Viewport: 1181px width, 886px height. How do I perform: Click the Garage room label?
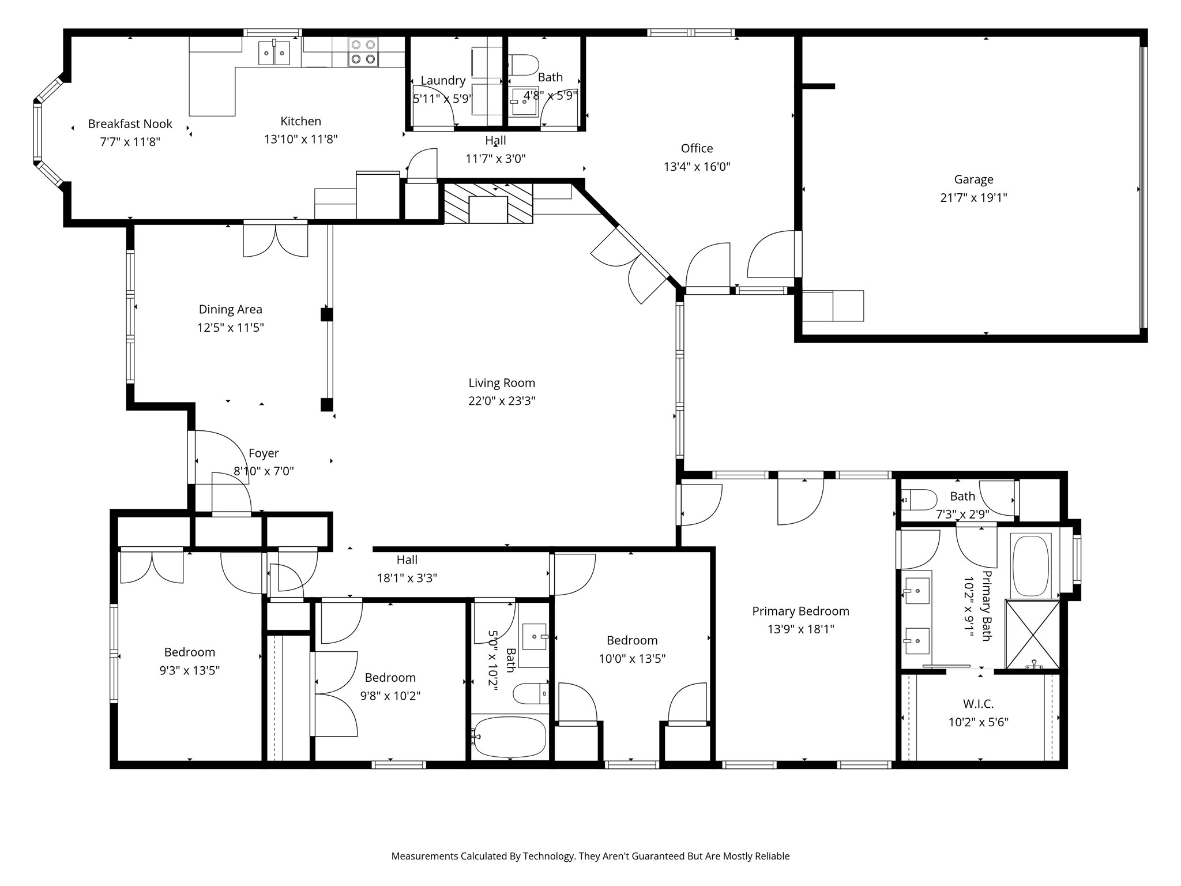coord(973,179)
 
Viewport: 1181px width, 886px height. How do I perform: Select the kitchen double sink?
coord(274,53)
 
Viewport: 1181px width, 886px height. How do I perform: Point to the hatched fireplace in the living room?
coord(488,203)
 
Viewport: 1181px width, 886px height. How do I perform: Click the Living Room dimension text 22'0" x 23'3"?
coord(502,401)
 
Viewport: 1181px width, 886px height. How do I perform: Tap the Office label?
coord(697,148)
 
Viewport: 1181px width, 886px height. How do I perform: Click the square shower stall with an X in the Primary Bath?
coord(1032,635)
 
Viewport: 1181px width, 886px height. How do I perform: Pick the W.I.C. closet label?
coord(978,704)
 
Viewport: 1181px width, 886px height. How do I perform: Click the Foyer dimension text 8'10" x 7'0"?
coord(264,471)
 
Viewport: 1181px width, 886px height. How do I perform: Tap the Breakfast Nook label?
coord(130,123)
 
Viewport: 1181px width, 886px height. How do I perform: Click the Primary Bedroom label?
coord(800,611)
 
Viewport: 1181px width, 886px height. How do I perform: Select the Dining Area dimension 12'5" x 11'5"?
coord(230,328)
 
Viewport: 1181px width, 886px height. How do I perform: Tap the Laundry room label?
coord(442,80)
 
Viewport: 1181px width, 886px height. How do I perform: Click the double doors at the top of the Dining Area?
coord(276,239)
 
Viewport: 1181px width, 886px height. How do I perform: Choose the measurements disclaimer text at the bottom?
coord(590,856)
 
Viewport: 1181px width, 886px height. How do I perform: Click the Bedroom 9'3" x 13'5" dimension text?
coord(189,670)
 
